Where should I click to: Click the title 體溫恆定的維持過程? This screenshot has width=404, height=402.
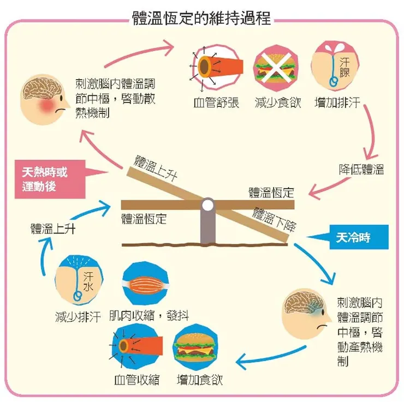[x=201, y=17]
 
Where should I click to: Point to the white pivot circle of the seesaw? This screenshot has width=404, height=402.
[x=208, y=205]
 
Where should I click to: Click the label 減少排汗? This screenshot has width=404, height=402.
[x=77, y=317]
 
